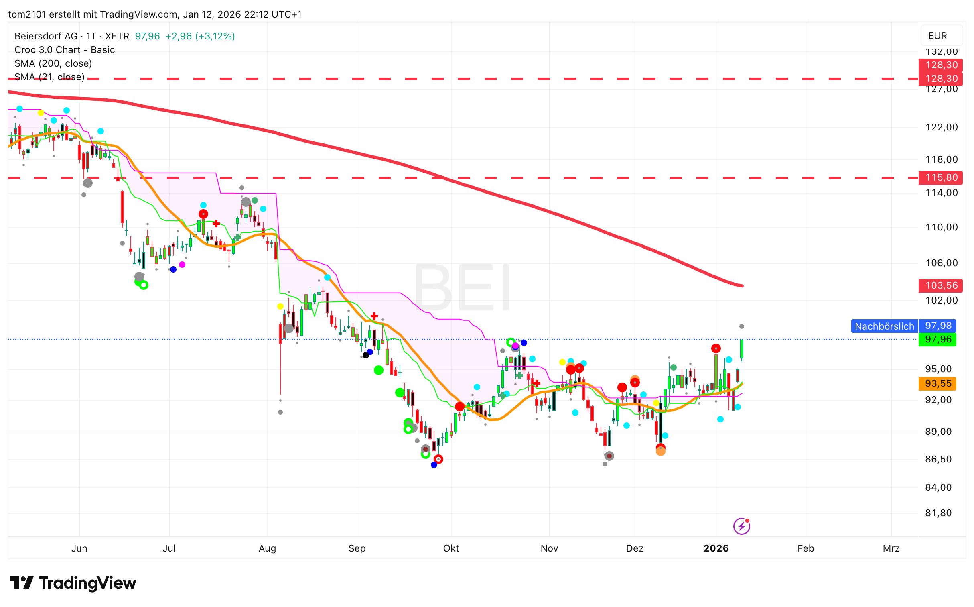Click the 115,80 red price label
[x=940, y=177]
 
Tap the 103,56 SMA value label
[x=940, y=285]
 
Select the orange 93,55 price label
[x=937, y=383]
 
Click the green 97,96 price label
[x=937, y=339]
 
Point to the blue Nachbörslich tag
[x=884, y=326]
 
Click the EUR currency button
[x=937, y=36]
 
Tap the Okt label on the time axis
[x=451, y=548]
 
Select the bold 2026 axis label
[x=716, y=548]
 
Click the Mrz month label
[x=891, y=548]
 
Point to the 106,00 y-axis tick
[x=941, y=263]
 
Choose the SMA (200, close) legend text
[x=53, y=63]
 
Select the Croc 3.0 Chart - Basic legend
[x=65, y=50]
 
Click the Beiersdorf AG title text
[x=46, y=36]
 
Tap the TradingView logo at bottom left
[x=73, y=583]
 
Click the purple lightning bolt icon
[x=741, y=526]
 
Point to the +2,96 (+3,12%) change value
[x=200, y=36]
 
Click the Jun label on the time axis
[x=79, y=548]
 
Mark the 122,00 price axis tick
[x=941, y=127]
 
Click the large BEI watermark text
[x=462, y=287]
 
